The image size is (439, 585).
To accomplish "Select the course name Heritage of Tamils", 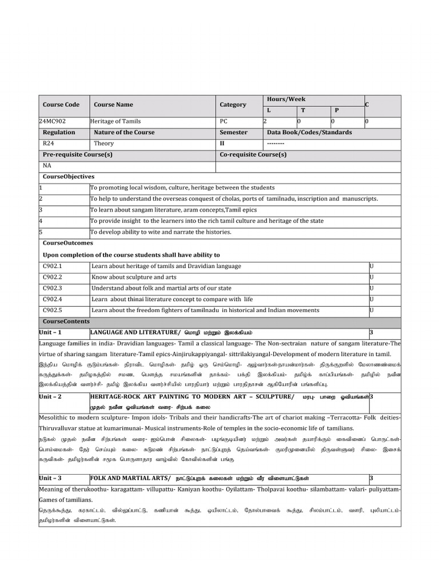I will pyautogui.click(x=116, y=122).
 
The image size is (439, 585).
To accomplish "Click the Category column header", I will pyautogui.click(x=233, y=105).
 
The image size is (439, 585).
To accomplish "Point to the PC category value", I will pyautogui.click(x=224, y=122).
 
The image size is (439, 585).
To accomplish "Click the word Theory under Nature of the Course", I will pyautogui.click(x=104, y=144).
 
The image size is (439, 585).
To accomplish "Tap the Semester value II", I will pyautogui.click(x=222, y=144).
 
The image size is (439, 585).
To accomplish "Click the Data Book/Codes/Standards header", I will pyautogui.click(x=309, y=133).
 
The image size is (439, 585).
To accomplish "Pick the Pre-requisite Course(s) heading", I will pyautogui.click(x=78, y=155).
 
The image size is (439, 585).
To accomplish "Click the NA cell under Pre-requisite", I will pyautogui.click(x=47, y=166).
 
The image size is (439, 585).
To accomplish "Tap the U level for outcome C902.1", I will pyautogui.click(x=372, y=266).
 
